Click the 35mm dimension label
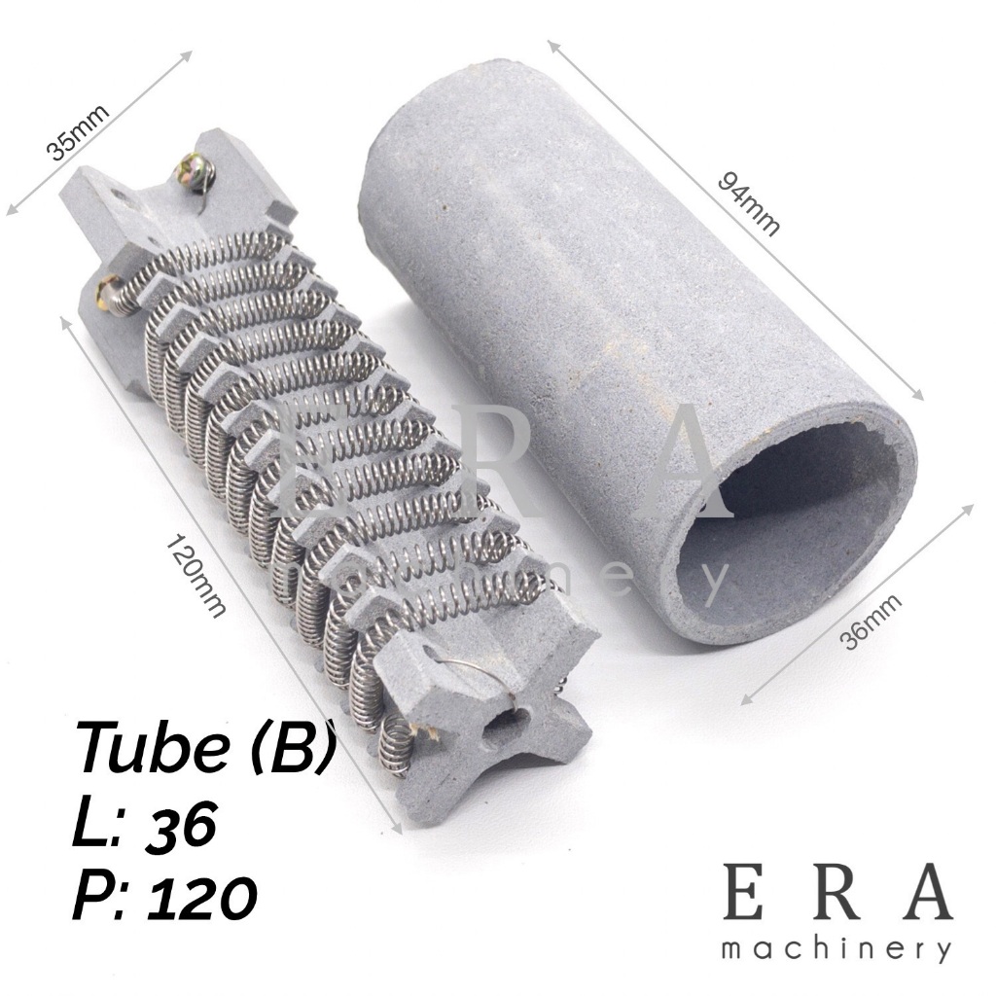78,132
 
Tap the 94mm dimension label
749,204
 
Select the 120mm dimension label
196,577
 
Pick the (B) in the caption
292,747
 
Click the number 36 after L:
182,823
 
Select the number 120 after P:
202,896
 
